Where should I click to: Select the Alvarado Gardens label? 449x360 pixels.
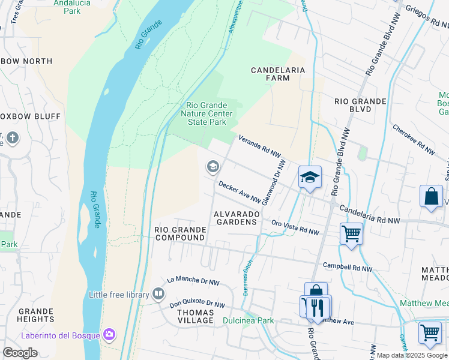(237, 218)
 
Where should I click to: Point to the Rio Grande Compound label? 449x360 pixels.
(180, 233)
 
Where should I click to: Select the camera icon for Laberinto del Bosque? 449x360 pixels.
(109, 334)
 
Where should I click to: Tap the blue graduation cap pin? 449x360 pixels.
(310, 177)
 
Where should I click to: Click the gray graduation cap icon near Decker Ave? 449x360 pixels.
(212, 167)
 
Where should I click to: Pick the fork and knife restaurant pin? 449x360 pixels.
(318, 307)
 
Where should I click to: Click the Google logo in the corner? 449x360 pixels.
(20, 352)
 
